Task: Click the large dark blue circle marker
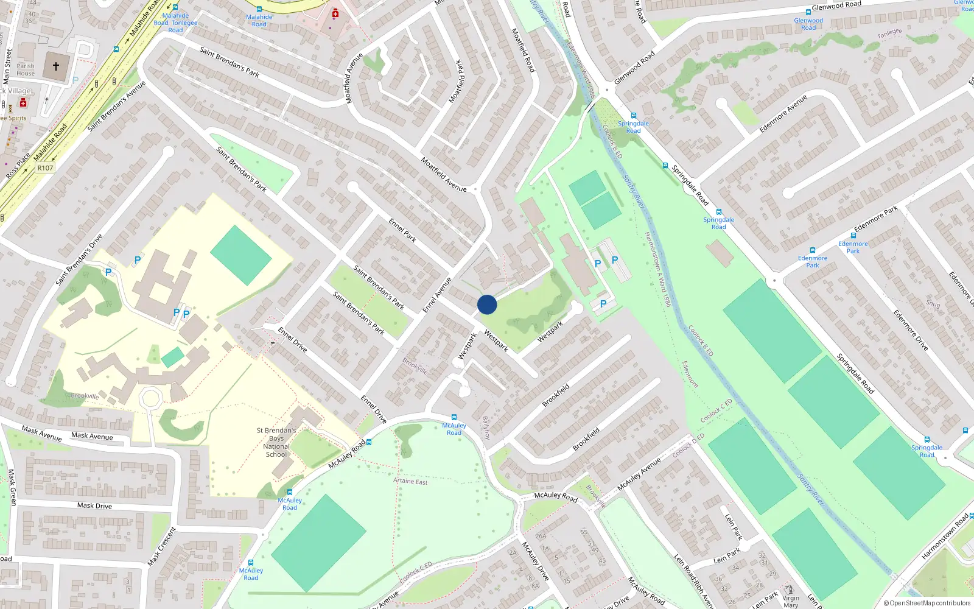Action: pyautogui.click(x=487, y=304)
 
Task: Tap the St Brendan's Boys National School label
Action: pyautogui.click(x=276, y=442)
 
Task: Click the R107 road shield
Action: pyautogui.click(x=45, y=167)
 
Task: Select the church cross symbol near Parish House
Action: pyautogui.click(x=56, y=66)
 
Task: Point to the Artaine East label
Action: pyautogui.click(x=410, y=481)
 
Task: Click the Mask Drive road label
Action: pyautogui.click(x=94, y=505)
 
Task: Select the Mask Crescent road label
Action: pyautogui.click(x=162, y=546)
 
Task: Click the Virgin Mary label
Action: pyautogui.click(x=791, y=602)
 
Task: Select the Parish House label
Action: pyautogui.click(x=26, y=69)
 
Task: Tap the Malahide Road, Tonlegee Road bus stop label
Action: pyautogui.click(x=175, y=23)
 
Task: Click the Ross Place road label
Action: pyautogui.click(x=18, y=166)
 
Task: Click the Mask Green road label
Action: pyautogui.click(x=12, y=487)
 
